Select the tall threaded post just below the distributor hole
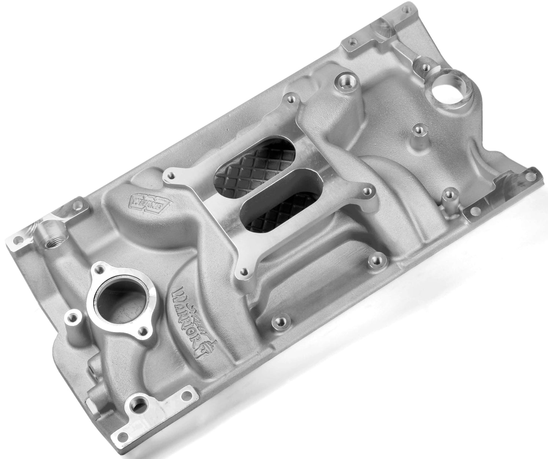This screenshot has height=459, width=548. [418, 130]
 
